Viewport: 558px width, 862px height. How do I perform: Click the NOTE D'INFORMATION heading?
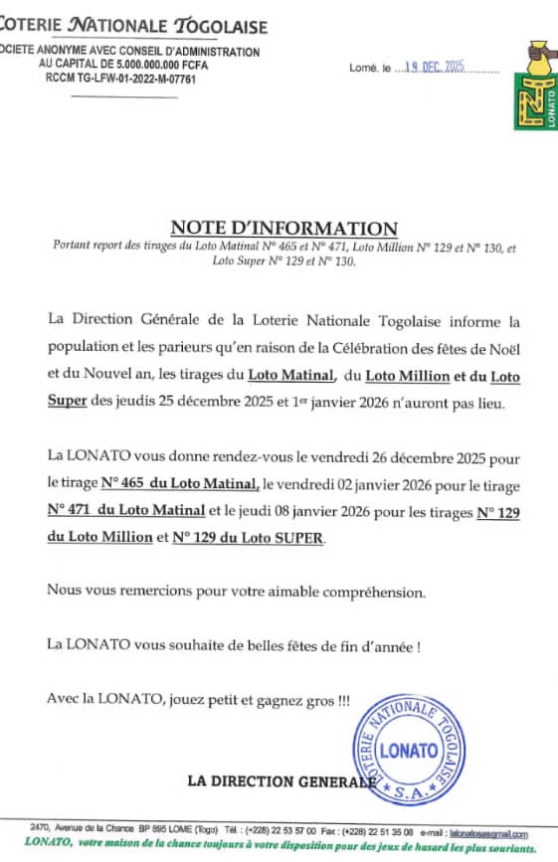283,228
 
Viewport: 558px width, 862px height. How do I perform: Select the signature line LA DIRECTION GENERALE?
281,781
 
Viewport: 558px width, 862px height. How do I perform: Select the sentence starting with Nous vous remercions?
236,591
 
